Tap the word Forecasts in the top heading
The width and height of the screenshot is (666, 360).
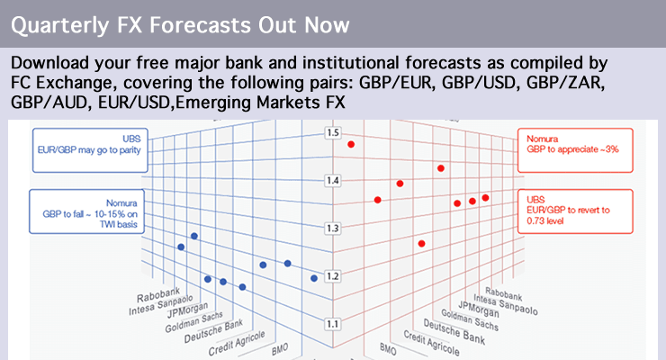pyautogui.click(x=195, y=22)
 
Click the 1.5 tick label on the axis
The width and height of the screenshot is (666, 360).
pyautogui.click(x=334, y=133)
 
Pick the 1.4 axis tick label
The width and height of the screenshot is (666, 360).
pyautogui.click(x=334, y=181)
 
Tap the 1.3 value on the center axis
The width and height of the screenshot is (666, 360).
pyautogui.click(x=334, y=229)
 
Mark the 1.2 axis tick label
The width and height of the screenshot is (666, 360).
pyautogui.click(x=334, y=276)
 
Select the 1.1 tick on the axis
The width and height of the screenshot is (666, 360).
pyautogui.click(x=334, y=324)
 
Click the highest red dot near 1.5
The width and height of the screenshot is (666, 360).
pyautogui.click(x=351, y=144)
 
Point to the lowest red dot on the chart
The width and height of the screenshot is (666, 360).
pyautogui.click(x=421, y=244)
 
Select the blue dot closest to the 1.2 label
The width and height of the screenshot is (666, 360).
pyautogui.click(x=314, y=278)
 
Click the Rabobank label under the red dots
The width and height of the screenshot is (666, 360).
pyautogui.click(x=501, y=292)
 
